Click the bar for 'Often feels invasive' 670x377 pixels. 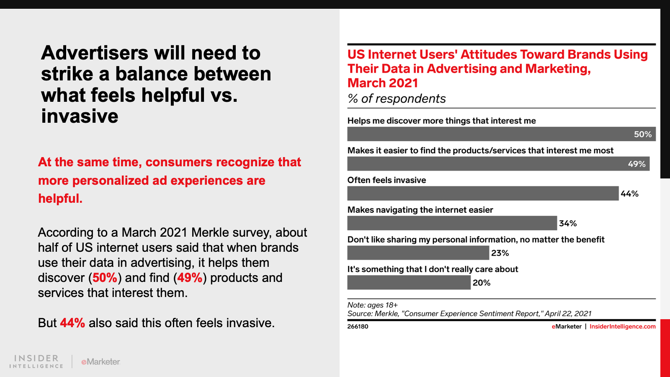tap(483, 194)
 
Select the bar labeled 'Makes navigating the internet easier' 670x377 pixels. tap(452, 223)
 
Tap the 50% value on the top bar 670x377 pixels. tap(642, 134)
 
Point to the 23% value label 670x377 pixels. tap(500, 253)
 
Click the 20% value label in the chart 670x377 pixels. tap(482, 283)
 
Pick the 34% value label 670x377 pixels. tap(568, 223)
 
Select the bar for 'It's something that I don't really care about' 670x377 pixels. tap(409, 283)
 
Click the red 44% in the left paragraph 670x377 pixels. tap(72, 323)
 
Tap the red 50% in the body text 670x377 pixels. tap(105, 278)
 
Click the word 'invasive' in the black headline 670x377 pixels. tap(80, 116)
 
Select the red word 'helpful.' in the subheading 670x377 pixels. tap(60, 198)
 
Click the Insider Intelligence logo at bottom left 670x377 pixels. tap(36, 361)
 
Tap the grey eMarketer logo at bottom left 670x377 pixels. tap(100, 362)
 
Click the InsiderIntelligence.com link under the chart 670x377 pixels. tap(622, 326)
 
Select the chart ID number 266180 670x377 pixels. tap(358, 326)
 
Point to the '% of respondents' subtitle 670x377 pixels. tap(397, 98)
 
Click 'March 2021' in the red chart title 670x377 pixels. tap(383, 83)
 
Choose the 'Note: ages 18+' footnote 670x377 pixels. tap(372, 305)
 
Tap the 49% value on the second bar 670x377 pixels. tap(636, 164)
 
